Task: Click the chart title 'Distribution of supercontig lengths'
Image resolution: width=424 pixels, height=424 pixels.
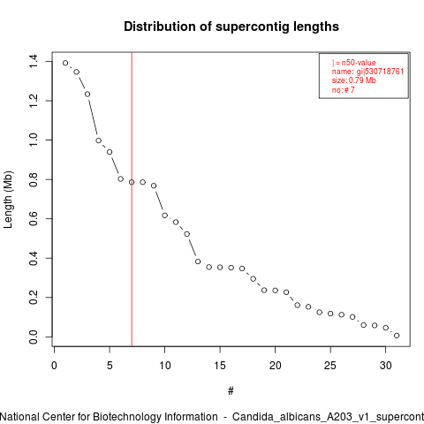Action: tap(231, 26)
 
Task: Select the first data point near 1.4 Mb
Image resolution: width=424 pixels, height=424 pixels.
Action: tap(65, 63)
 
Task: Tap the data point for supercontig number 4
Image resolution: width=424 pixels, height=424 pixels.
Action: tap(98, 140)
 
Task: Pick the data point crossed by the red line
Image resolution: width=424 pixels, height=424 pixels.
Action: tap(132, 182)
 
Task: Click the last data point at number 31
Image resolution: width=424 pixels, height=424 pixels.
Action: tap(397, 336)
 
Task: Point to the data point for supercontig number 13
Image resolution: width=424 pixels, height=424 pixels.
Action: tap(198, 261)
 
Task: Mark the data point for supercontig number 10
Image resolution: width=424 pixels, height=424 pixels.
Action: tap(164, 216)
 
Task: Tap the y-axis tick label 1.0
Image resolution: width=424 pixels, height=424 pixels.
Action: tap(34, 140)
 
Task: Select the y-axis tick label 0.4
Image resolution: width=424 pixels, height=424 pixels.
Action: tap(34, 258)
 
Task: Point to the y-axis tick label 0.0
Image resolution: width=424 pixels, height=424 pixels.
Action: tap(34, 337)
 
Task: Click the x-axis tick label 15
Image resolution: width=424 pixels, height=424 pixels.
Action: tap(220, 366)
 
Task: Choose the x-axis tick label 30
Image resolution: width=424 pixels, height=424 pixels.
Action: tap(386, 366)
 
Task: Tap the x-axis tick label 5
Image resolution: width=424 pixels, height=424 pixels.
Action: tap(110, 366)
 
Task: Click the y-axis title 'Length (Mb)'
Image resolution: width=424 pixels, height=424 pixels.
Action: tap(8, 200)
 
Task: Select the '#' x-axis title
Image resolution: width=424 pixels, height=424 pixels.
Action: tap(231, 391)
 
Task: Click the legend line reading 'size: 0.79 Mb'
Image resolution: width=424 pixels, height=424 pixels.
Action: tap(354, 80)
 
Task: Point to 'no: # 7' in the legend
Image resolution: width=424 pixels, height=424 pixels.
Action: tap(344, 89)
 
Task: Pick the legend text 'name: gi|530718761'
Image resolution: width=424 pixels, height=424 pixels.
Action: tap(367, 72)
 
